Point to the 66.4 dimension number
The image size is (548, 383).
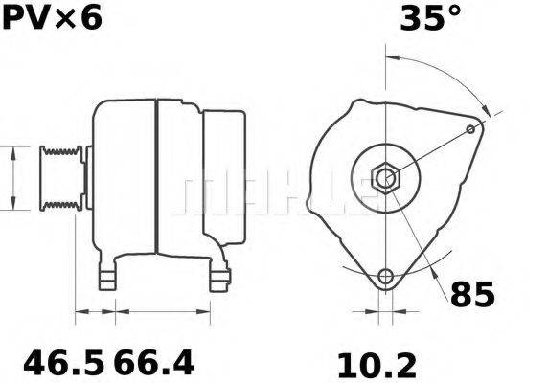coord(154,364)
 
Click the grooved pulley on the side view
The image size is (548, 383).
coord(58,178)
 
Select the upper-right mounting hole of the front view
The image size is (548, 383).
coord(470,129)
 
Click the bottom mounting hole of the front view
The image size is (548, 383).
coord(385,278)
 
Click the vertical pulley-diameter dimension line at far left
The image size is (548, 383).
coord(11,178)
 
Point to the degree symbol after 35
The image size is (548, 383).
coord(453,11)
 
